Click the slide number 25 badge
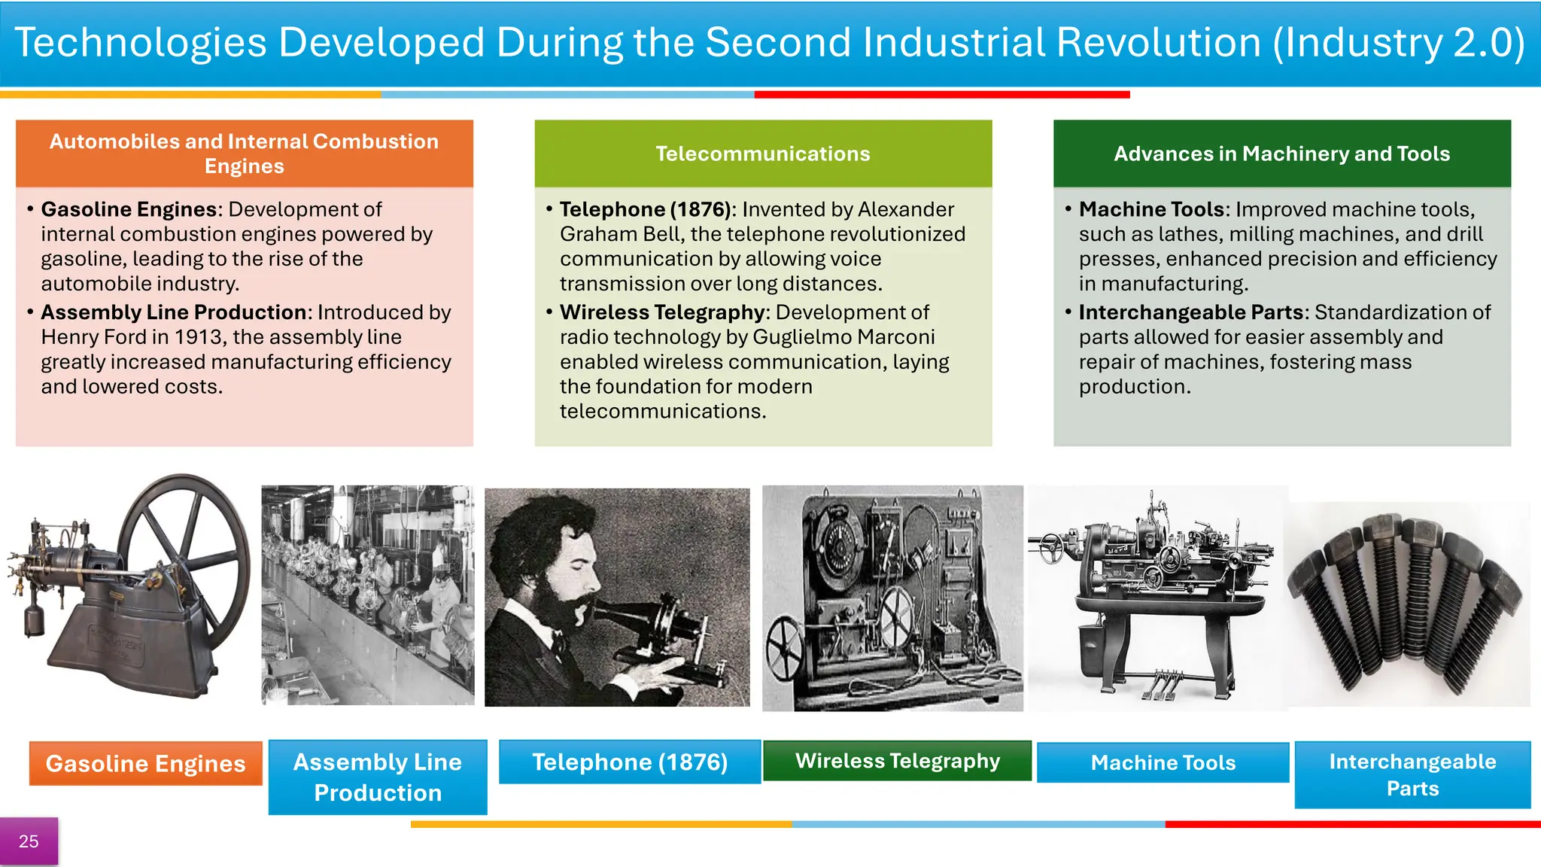pos(29,841)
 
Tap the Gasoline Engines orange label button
pos(145,763)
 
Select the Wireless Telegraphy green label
pos(897,761)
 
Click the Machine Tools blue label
pos(1163,762)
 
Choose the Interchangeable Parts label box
pos(1412,774)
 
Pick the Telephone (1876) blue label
pos(630,762)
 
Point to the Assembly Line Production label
pos(378,777)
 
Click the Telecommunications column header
pos(763,154)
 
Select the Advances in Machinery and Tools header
pos(1281,154)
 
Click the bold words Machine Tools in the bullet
pos(1151,209)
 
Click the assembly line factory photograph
pos(368,595)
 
